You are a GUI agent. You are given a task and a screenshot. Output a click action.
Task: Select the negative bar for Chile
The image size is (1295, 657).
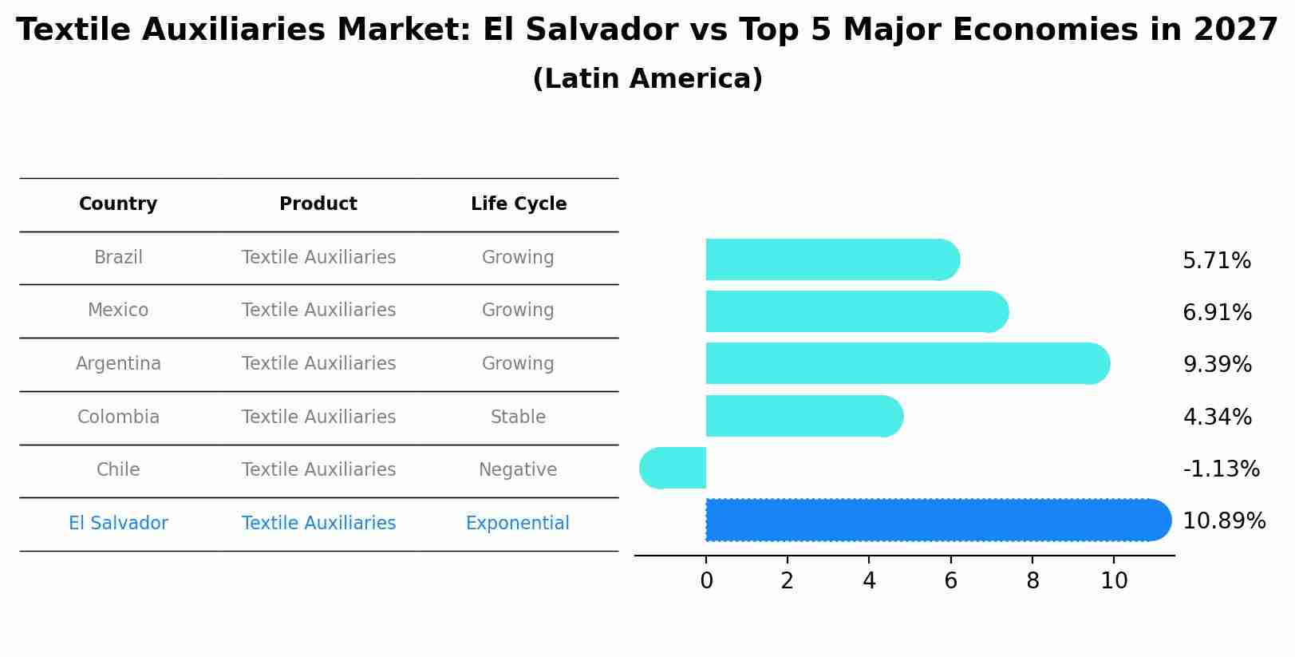[x=673, y=468]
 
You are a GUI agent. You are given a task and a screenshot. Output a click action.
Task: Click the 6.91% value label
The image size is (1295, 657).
[x=1217, y=312]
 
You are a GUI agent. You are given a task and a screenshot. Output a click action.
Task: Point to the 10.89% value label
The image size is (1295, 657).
[x=1223, y=521]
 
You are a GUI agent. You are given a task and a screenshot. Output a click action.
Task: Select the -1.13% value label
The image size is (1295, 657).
[x=1221, y=469]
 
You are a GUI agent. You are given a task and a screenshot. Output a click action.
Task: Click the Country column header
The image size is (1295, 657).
[x=118, y=204]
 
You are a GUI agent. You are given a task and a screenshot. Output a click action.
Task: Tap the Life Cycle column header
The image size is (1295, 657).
[x=519, y=204]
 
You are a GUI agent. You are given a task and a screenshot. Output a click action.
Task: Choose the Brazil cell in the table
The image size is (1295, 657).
[x=118, y=258]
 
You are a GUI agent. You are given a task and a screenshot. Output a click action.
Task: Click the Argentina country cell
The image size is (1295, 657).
[x=118, y=364]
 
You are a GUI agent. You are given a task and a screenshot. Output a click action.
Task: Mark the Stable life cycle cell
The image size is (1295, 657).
[x=518, y=417]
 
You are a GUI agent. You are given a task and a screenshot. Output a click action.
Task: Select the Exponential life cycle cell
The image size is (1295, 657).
[x=517, y=524]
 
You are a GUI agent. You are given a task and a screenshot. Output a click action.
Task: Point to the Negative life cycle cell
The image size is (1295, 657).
[x=517, y=470]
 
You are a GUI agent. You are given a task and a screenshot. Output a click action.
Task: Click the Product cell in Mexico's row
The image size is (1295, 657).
[x=318, y=311]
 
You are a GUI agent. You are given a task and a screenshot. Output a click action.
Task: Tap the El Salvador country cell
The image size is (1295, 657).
[x=118, y=524]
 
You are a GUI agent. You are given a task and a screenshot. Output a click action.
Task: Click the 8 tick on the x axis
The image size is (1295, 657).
[x=1032, y=581]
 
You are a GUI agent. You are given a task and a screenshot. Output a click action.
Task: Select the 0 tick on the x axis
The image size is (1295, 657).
[x=706, y=581]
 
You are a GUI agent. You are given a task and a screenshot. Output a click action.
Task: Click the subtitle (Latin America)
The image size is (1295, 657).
[x=647, y=79]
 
